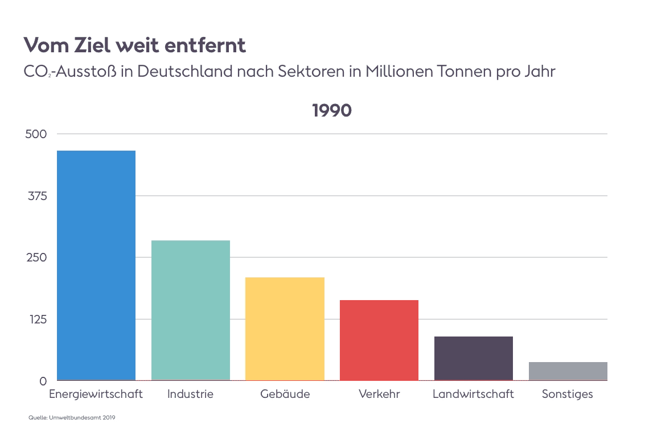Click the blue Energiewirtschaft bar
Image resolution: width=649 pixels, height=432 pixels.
pyautogui.click(x=96, y=265)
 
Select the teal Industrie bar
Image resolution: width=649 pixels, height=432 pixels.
pyautogui.click(x=190, y=310)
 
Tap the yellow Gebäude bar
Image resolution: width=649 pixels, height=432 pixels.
pyautogui.click(x=285, y=329)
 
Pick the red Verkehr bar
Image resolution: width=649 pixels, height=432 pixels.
pyautogui.click(x=379, y=340)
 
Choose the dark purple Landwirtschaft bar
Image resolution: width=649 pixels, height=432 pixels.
pyautogui.click(x=474, y=358)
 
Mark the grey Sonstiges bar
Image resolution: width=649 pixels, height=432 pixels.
pyautogui.click(x=568, y=371)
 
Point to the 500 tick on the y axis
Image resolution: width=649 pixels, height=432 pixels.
pyautogui.click(x=35, y=134)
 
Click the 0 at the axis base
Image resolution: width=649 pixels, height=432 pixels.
pyautogui.click(x=43, y=381)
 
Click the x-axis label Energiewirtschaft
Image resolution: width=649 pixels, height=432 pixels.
pyautogui.click(x=96, y=394)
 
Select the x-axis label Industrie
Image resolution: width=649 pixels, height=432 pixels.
pyautogui.click(x=190, y=394)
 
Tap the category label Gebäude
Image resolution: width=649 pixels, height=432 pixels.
pyautogui.click(x=285, y=394)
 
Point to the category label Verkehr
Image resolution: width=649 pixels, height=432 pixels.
pyautogui.click(x=379, y=394)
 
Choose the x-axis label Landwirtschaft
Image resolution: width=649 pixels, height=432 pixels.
pyautogui.click(x=473, y=394)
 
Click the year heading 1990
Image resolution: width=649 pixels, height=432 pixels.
pyautogui.click(x=332, y=111)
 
